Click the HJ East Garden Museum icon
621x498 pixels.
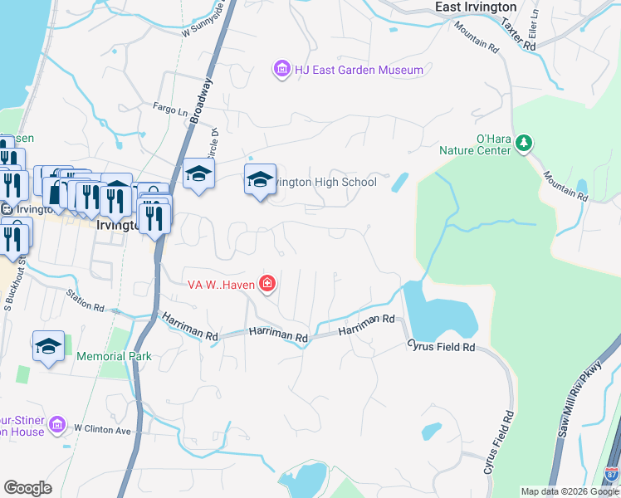(282, 69)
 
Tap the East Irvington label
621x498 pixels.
(476, 7)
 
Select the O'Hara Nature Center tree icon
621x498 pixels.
(524, 144)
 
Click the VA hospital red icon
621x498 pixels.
(267, 285)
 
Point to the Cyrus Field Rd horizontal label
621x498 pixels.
(440, 347)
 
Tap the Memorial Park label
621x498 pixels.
(114, 356)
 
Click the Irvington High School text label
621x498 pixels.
(327, 182)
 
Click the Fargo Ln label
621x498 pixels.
(171, 107)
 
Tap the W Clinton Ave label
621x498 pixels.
(103, 429)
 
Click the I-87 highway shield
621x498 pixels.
(612, 475)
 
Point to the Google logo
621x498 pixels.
(27, 488)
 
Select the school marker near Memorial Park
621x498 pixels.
(48, 345)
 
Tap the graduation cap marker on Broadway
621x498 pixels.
(198, 173)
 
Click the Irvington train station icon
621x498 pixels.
(6, 209)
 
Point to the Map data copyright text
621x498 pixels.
(569, 491)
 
